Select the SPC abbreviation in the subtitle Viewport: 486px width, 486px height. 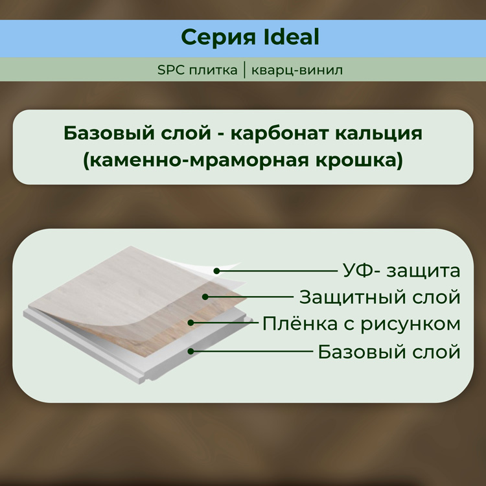pos(170,70)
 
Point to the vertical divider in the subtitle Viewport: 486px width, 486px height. pos(245,70)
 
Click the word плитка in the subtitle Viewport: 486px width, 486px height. pos(212,70)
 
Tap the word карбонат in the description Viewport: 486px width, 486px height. pos(283,133)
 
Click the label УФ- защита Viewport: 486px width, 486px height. pos(401,270)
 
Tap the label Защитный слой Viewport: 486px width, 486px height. pos(379,297)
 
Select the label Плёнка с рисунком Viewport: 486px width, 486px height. pos(361,323)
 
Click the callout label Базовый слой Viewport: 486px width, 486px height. pos(389,352)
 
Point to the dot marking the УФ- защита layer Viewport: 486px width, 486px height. pos(217,271)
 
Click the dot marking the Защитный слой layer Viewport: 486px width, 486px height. pos(205,297)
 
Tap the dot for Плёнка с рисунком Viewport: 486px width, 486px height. pos(191,323)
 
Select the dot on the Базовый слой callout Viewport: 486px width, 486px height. pos(191,351)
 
